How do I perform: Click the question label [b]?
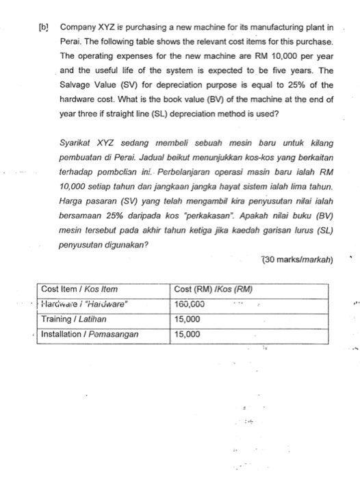43,28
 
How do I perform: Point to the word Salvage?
77,85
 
